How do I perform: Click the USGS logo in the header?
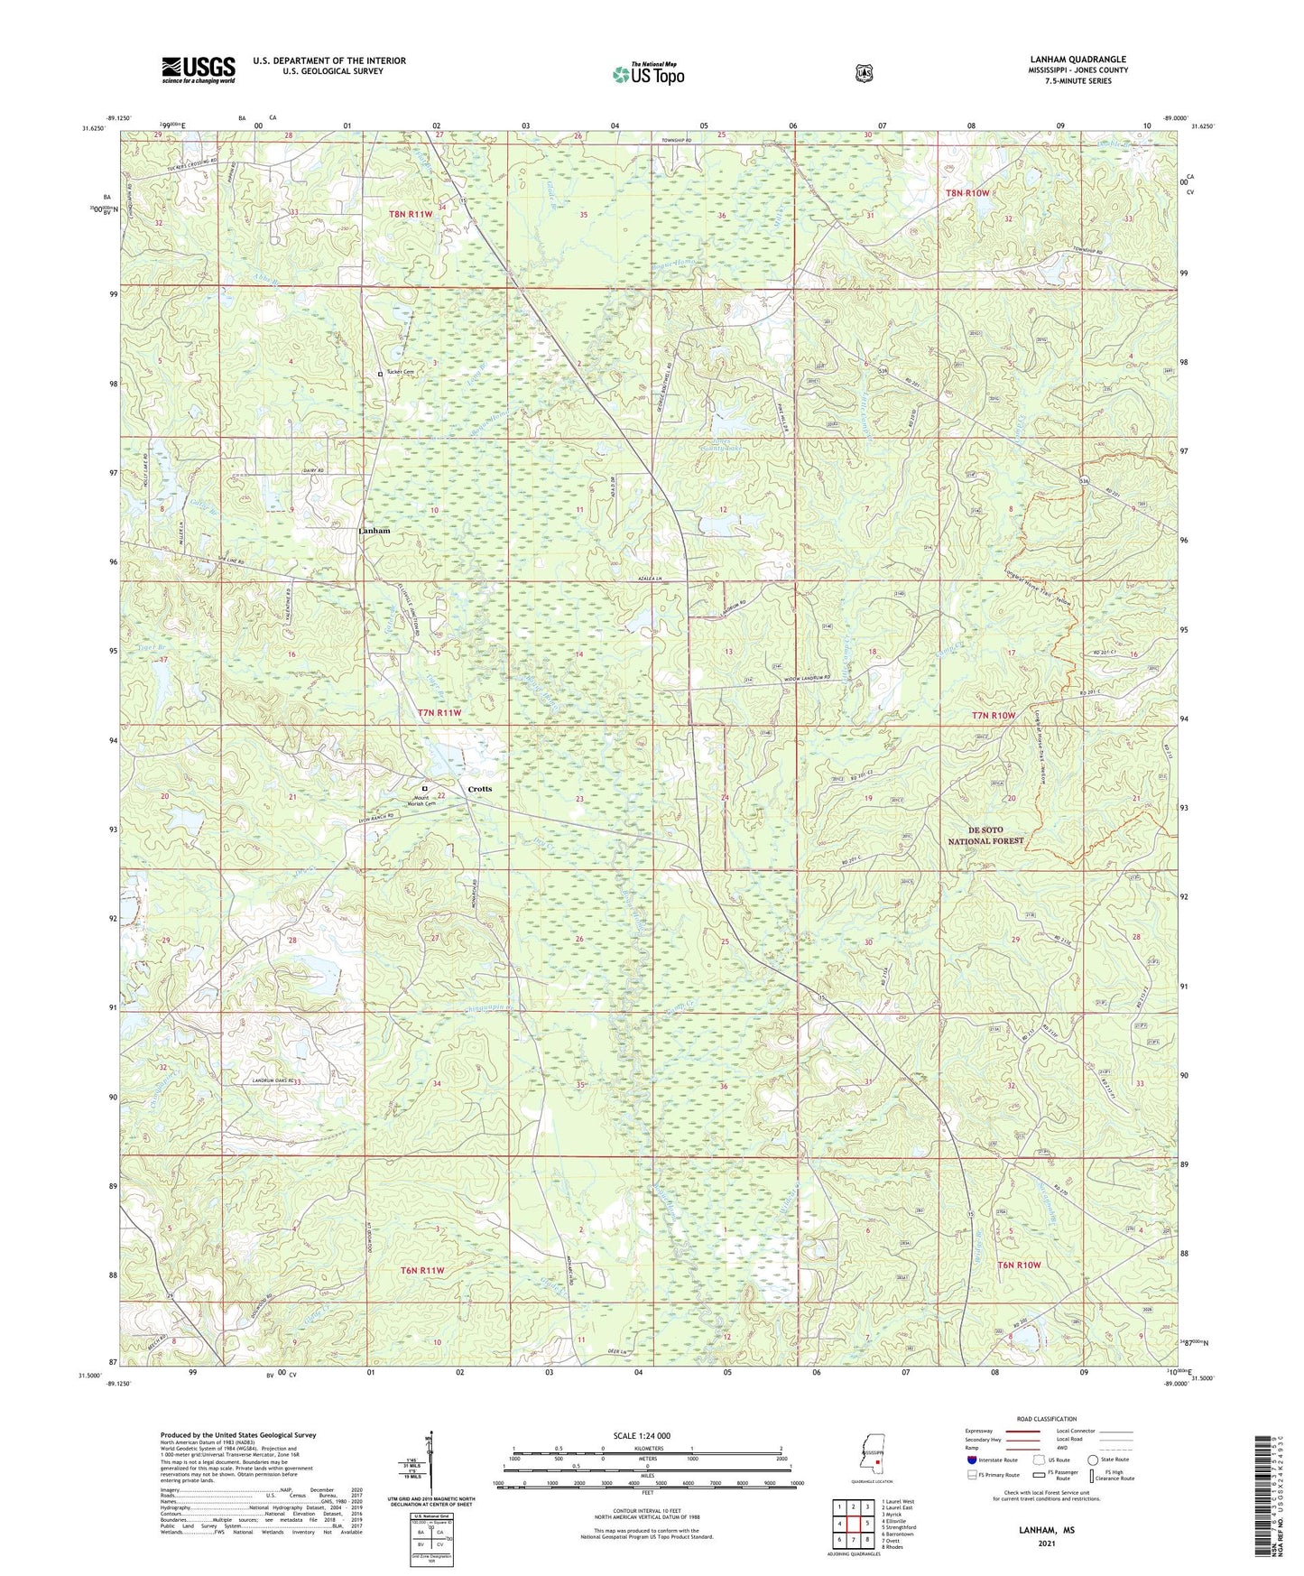pos(199,70)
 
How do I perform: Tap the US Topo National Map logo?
pos(647,74)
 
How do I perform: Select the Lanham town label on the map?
pos(375,531)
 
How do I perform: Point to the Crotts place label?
pos(480,789)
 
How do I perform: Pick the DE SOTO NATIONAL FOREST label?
pos(985,835)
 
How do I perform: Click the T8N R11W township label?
pos(411,214)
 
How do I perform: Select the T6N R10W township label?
pos(1019,1265)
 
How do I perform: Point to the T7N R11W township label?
pos(439,713)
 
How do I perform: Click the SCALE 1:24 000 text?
pos(642,1435)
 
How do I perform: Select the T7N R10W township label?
pos(993,716)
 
